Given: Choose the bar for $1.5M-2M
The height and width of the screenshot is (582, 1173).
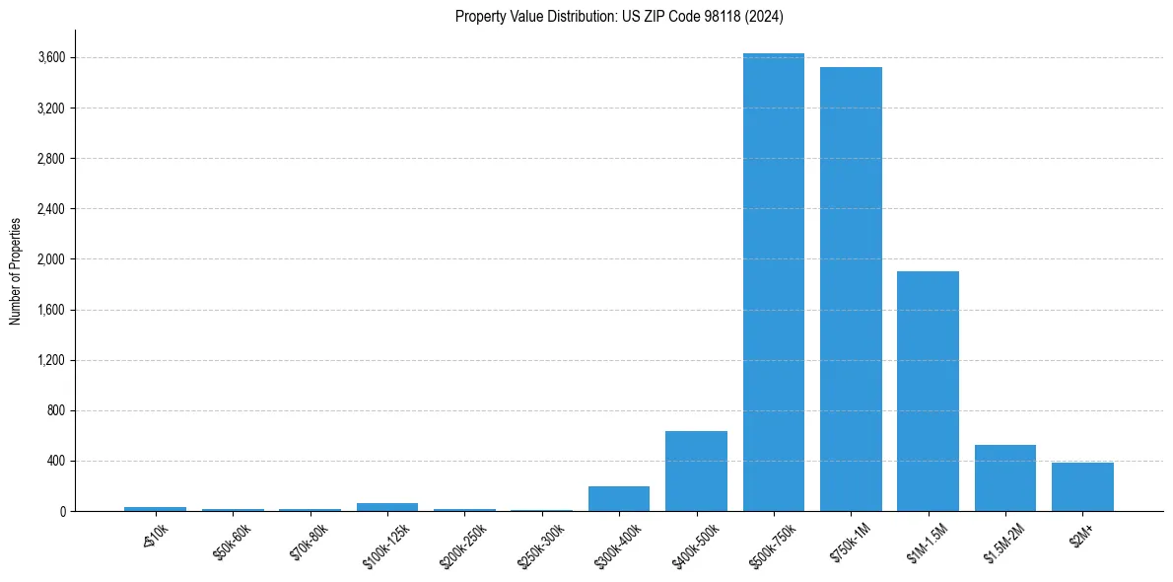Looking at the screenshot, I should [x=1005, y=477].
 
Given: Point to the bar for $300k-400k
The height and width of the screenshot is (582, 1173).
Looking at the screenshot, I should [x=619, y=498].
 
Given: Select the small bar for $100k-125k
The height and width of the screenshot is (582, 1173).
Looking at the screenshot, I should [x=387, y=507].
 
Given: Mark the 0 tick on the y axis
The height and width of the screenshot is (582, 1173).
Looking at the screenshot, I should [x=62, y=511].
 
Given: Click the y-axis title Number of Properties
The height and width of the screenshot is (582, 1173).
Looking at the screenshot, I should [x=16, y=270].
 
